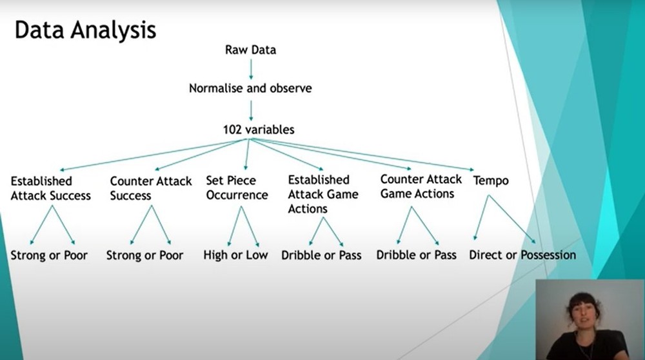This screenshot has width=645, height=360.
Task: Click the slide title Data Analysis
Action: (x=85, y=31)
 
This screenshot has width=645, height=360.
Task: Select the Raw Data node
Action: (x=250, y=50)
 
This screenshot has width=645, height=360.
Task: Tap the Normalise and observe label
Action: (x=250, y=88)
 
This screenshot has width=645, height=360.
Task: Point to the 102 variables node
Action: (x=259, y=130)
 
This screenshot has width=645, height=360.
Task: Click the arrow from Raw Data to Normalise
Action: (x=251, y=68)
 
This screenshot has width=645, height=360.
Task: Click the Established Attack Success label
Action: (x=50, y=188)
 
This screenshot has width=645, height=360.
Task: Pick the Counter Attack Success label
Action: (x=150, y=188)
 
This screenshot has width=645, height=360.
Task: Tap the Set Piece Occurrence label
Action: (x=237, y=188)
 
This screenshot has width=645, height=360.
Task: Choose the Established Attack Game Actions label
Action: (x=319, y=194)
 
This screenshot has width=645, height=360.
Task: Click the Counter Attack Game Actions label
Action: (x=421, y=186)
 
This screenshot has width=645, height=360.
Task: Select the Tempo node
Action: (x=491, y=181)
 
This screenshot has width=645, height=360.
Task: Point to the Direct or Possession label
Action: (x=522, y=255)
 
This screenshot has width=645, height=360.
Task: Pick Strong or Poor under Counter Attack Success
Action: (x=144, y=255)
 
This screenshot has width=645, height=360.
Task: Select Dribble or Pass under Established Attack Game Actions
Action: (x=321, y=255)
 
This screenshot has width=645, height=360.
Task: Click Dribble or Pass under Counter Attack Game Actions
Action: (x=416, y=255)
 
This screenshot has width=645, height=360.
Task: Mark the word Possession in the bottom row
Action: (x=548, y=255)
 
